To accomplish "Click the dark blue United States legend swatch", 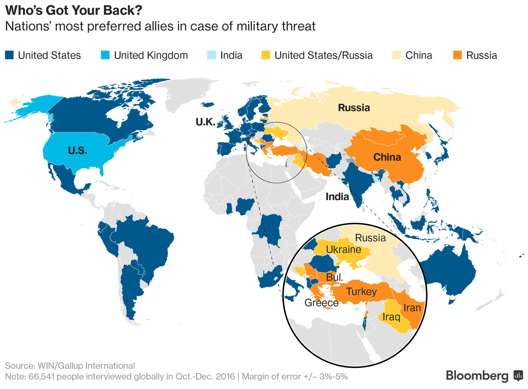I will point(9,55).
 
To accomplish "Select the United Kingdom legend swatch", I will point(105,55).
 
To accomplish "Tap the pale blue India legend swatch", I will point(211,55).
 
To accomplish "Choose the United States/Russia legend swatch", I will point(266,55).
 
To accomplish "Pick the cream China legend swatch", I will point(397,55).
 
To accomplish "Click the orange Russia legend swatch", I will point(457,55).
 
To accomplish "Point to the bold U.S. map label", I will point(77,151).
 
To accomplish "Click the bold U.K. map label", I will point(205,122).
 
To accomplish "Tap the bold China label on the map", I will point(387,157).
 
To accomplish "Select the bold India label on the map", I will point(337,197).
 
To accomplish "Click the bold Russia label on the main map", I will point(354,108).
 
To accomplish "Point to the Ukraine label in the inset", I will point(343,250).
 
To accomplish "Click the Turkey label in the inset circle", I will point(361,292).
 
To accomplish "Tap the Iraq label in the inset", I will point(391,317).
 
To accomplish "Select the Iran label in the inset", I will point(412,308).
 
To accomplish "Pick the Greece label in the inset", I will point(321,303).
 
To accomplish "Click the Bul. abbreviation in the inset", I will point(335,277).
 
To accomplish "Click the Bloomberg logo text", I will point(477,376).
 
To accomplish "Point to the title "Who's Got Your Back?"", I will point(74,10).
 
